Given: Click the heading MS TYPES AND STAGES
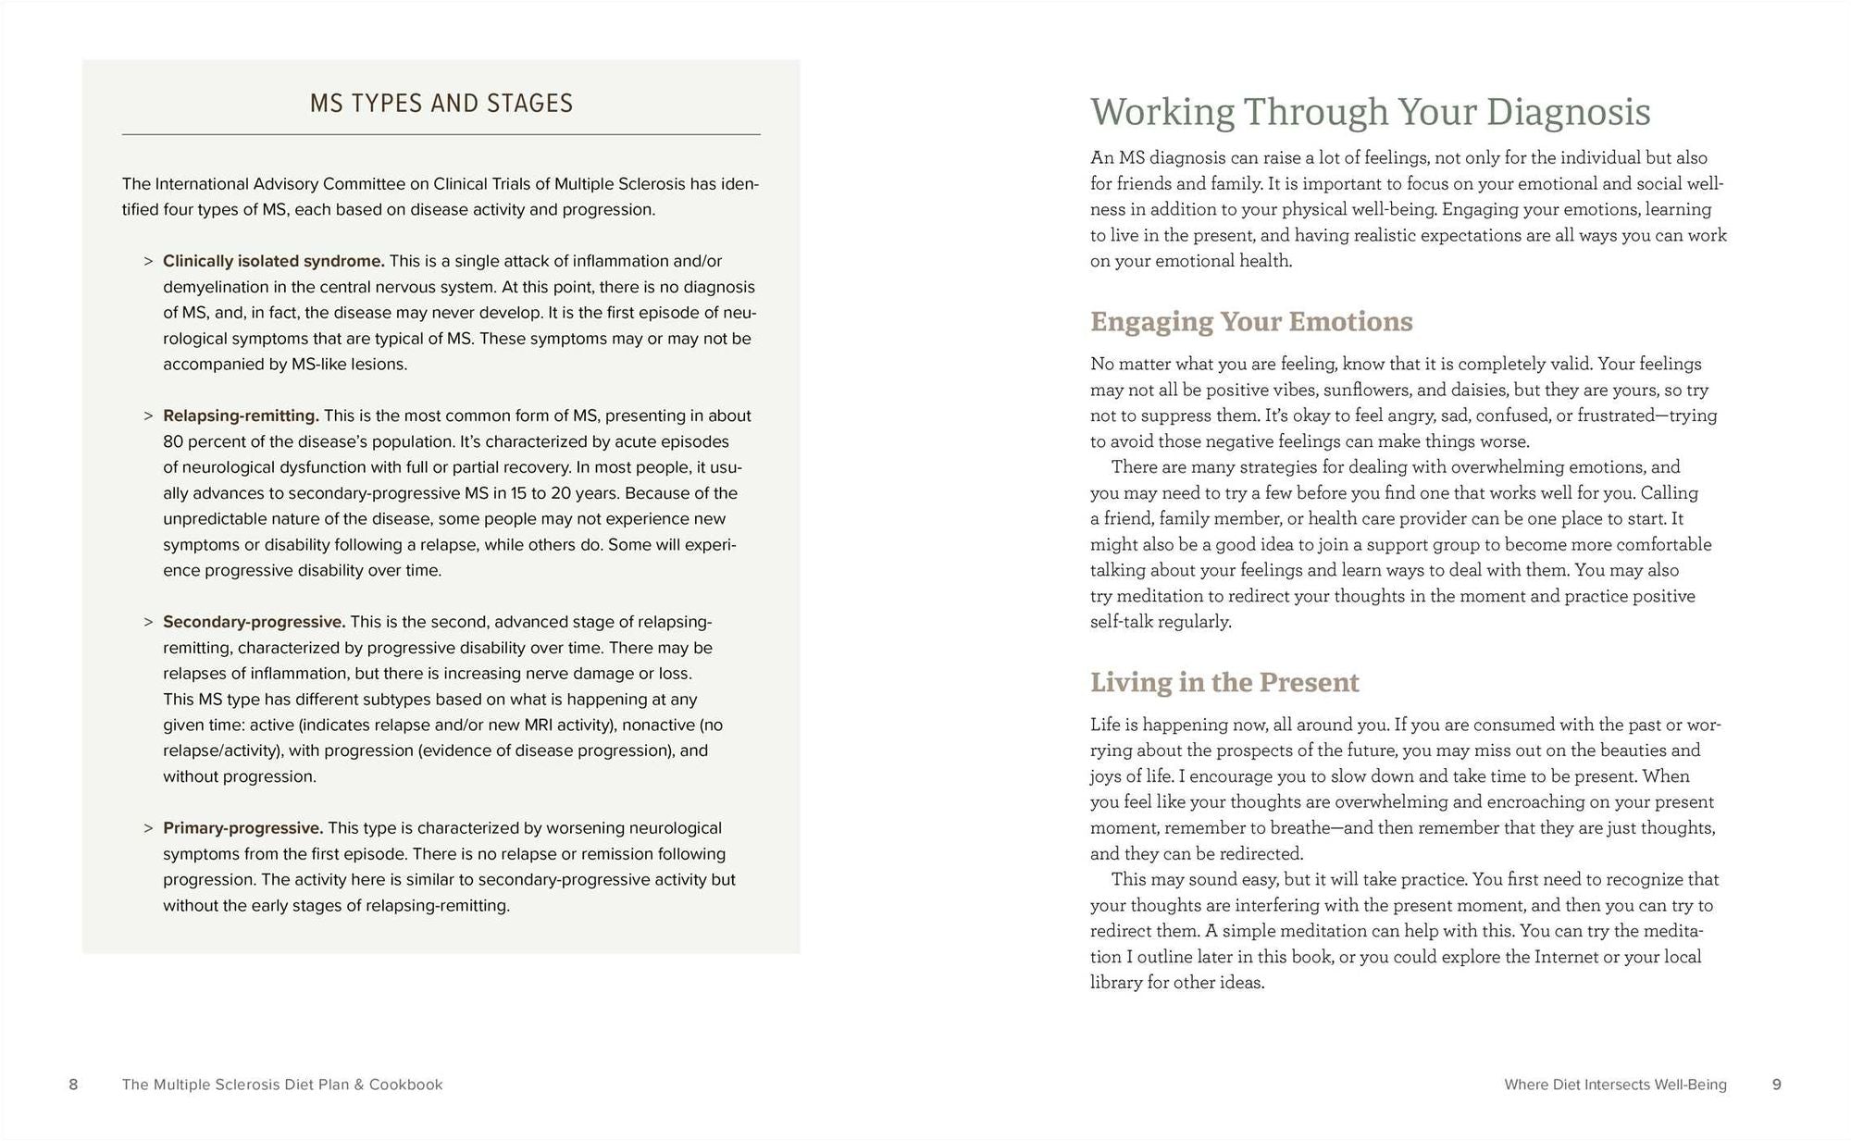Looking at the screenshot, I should point(441,103).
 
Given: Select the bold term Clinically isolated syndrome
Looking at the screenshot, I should point(273,261).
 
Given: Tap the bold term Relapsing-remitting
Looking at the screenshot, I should point(241,415).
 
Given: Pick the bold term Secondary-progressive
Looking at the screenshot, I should point(254,622).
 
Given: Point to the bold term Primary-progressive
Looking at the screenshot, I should point(242,828).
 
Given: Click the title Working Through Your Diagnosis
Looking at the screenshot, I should point(1370,112).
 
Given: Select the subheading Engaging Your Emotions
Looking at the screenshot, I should point(1251,321).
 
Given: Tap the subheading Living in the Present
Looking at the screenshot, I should point(1224,682).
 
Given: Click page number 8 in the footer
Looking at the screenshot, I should point(73,1085).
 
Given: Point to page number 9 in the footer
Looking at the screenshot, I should point(1776,1085).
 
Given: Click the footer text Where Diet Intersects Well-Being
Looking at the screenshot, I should point(1615,1085).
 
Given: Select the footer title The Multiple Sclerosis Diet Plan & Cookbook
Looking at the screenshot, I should point(282,1085).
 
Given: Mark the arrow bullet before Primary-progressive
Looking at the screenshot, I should point(148,828).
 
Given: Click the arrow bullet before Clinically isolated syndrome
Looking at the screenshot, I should point(148,261).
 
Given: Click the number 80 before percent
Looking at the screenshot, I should point(173,441).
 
